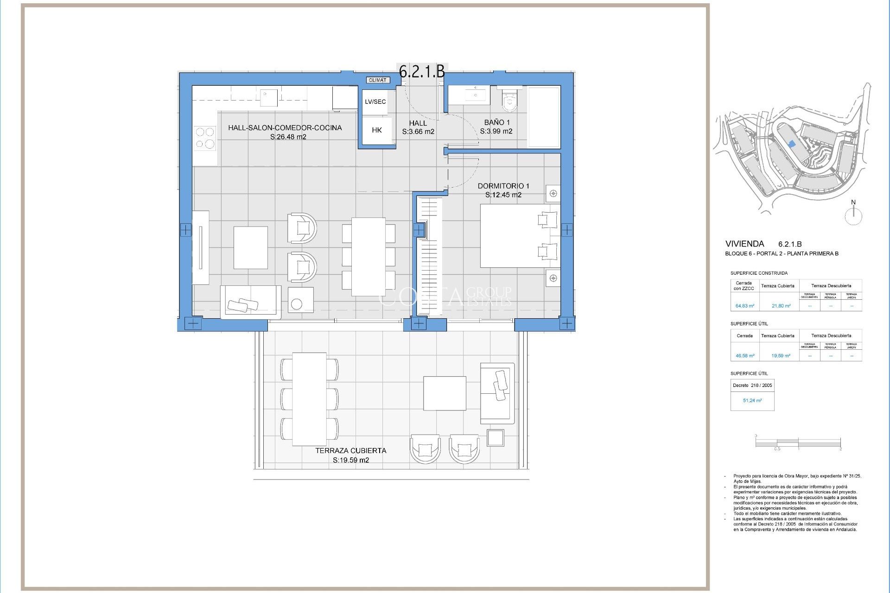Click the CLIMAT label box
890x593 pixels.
click(x=377, y=80)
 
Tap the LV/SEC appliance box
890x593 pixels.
click(x=375, y=102)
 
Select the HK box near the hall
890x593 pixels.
click(x=376, y=131)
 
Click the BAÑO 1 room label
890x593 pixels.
click(x=496, y=122)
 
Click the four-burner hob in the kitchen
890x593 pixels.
click(x=205, y=138)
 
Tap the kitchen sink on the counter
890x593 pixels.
click(x=268, y=98)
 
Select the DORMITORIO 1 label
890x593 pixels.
click(x=503, y=186)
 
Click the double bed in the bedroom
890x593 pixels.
click(x=519, y=236)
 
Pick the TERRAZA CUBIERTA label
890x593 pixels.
click(x=351, y=450)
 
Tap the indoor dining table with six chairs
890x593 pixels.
click(x=369, y=257)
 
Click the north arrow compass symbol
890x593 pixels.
click(x=853, y=214)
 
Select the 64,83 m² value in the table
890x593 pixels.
click(x=744, y=306)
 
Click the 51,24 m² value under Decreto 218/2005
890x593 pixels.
click(x=752, y=400)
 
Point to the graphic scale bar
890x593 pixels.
click(x=798, y=443)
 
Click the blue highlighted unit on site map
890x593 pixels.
click(x=792, y=145)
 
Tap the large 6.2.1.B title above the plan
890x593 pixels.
click(x=422, y=71)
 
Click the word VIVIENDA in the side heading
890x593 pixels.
click(x=744, y=244)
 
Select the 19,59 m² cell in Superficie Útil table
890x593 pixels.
click(x=781, y=356)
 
